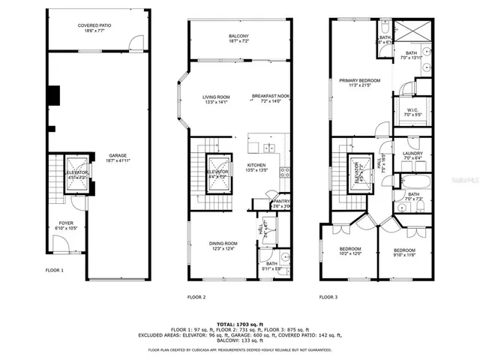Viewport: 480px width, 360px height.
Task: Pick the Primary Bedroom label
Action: coord(359,81)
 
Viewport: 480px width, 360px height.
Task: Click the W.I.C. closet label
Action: coord(412,110)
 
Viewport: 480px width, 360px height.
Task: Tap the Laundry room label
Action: coord(412,154)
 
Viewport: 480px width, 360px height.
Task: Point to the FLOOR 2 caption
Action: coord(196,297)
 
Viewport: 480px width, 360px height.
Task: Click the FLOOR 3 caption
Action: coord(328,297)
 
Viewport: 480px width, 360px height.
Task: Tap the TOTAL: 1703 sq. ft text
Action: coord(238,323)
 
